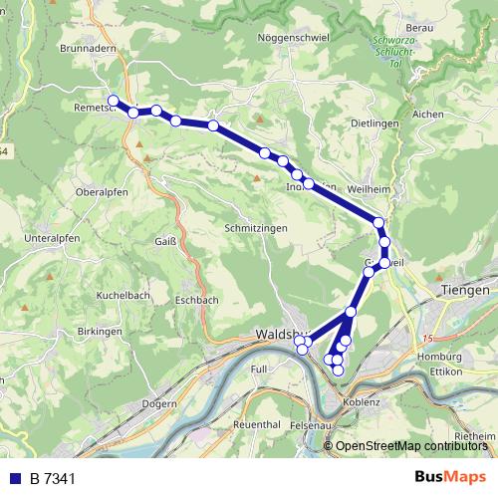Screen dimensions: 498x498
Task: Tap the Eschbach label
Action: pos(196,299)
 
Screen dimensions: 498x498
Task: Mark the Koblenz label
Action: pos(364,402)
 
